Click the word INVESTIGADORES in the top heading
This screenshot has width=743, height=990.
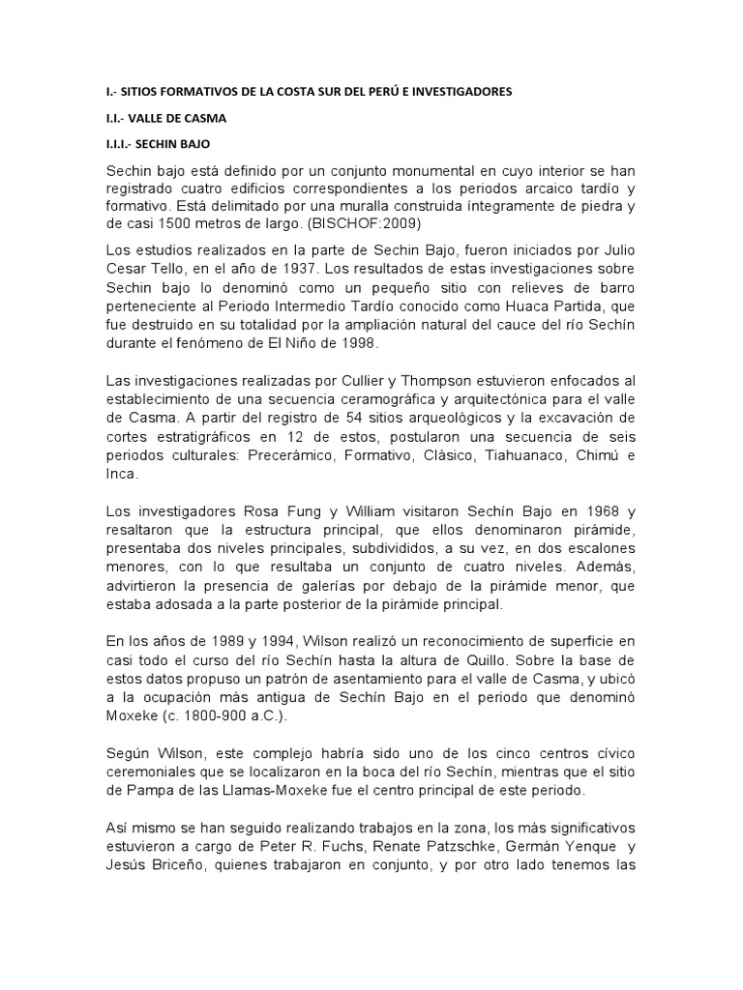point(457,92)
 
